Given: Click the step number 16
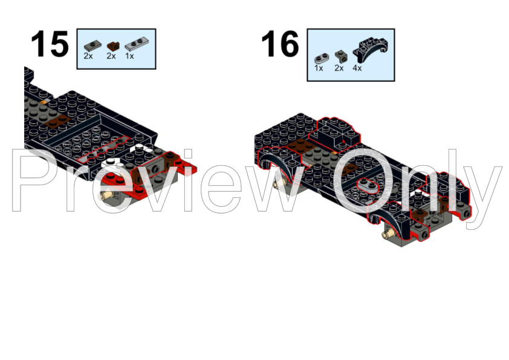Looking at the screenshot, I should (x=280, y=44).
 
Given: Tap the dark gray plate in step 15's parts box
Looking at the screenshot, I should (x=91, y=45).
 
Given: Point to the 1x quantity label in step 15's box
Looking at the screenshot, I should (x=129, y=56).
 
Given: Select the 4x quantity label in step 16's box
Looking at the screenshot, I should (x=357, y=68).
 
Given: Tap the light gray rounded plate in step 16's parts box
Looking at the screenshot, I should (x=321, y=58).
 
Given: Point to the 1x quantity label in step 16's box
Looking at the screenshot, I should (x=319, y=68).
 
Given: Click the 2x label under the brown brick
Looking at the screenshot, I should (x=111, y=56).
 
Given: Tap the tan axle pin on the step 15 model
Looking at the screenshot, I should (x=109, y=195).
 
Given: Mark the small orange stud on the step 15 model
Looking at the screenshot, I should (x=44, y=103).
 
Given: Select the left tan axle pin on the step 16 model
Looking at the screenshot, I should (x=280, y=182).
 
